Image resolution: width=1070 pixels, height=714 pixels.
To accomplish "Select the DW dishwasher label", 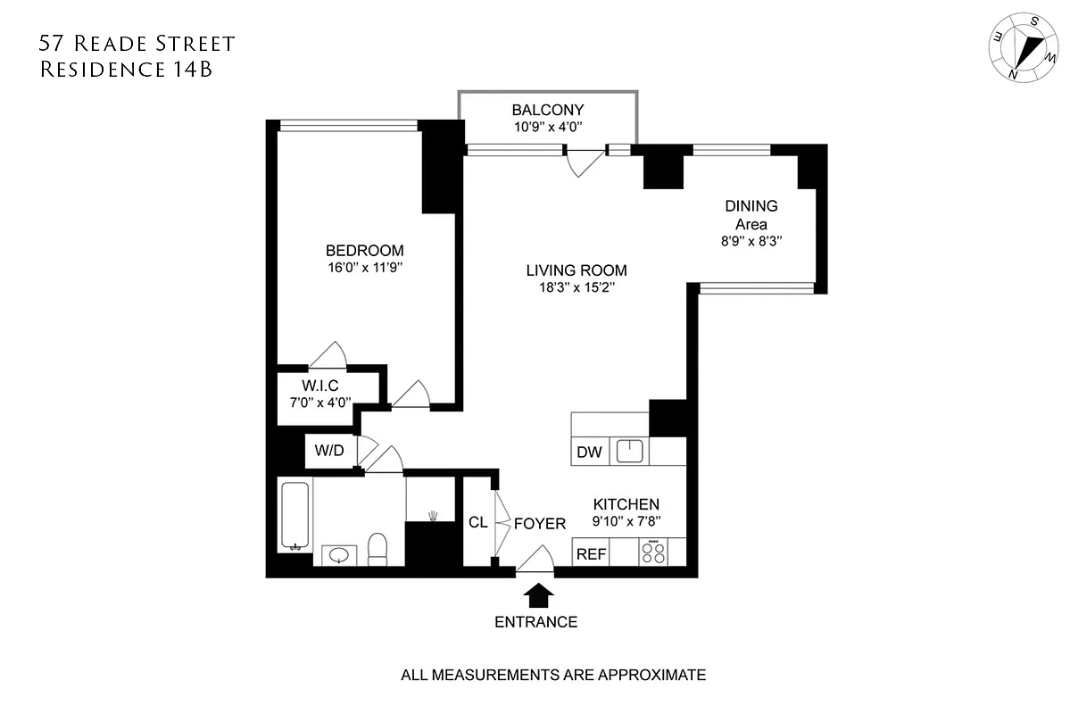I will tap(589, 452).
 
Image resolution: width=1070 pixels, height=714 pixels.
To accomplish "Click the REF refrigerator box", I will tap(591, 554).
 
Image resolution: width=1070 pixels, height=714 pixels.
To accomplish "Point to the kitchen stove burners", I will tap(653, 554).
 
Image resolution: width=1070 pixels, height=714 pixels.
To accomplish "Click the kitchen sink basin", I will tap(630, 452).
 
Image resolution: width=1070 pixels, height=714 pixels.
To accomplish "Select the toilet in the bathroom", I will tap(377, 548).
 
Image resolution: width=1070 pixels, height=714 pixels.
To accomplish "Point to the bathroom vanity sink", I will tap(339, 555).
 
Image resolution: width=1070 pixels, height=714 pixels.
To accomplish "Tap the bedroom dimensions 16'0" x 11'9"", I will tap(364, 267).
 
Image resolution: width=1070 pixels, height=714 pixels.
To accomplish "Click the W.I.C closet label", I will tap(319, 386).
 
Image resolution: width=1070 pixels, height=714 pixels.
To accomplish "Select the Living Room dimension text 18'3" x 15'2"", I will tap(576, 287).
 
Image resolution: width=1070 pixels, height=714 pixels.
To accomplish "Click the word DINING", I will tap(751, 206).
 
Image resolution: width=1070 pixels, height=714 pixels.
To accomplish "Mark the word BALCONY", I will tap(547, 110).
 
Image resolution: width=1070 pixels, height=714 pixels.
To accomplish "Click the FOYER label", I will tap(540, 524).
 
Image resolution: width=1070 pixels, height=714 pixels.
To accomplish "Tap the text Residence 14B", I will tap(126, 70).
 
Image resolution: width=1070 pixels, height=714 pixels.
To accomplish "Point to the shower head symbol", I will tap(433, 515).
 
